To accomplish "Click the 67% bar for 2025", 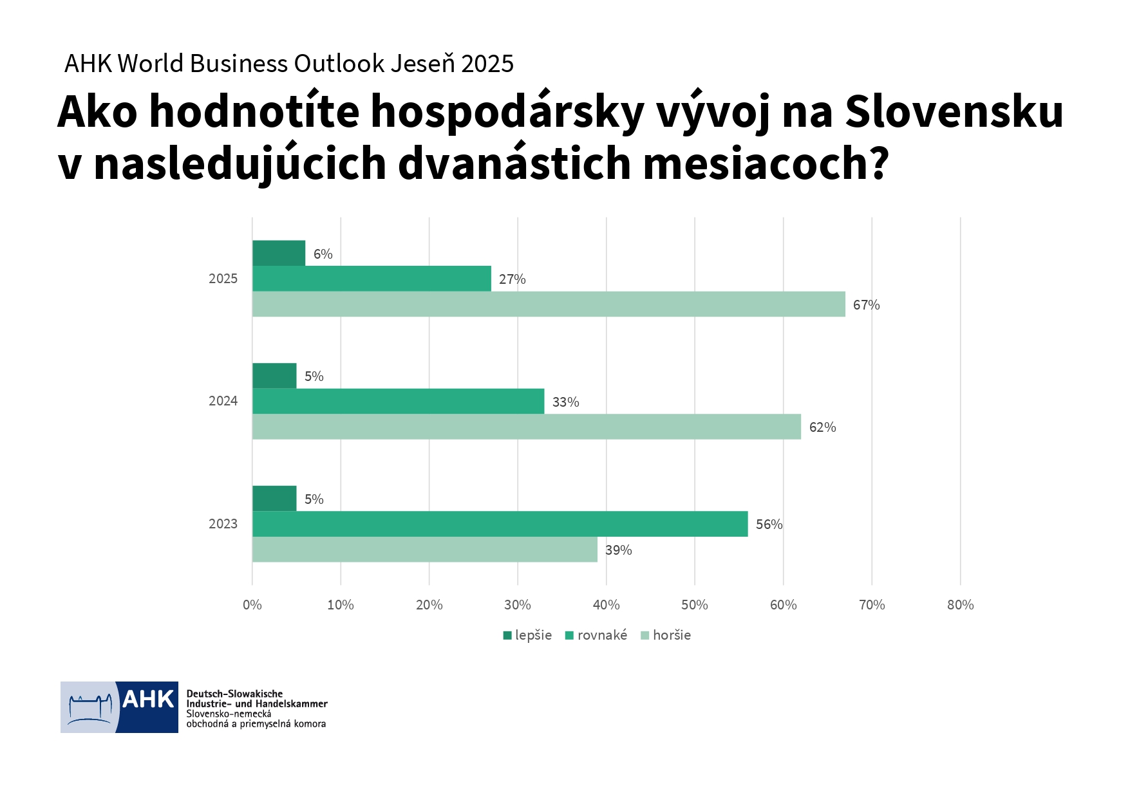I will click(549, 304).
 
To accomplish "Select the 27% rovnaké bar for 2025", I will click(372, 279).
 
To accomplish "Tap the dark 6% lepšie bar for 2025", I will click(279, 253).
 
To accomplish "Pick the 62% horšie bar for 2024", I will click(527, 427).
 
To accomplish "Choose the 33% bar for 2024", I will click(398, 401).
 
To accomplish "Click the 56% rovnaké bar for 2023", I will click(500, 524).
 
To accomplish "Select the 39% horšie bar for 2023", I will click(425, 550).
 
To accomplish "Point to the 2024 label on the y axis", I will click(223, 401).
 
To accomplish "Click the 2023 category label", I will click(223, 524).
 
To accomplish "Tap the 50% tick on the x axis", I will click(694, 605).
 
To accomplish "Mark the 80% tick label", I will click(960, 605).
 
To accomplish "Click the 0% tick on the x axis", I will click(252, 605).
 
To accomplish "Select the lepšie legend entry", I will click(527, 635).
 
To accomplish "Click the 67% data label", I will click(866, 305).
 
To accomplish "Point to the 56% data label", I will click(769, 524).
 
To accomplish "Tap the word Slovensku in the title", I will click(954, 111).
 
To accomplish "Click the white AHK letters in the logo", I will click(148, 699).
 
